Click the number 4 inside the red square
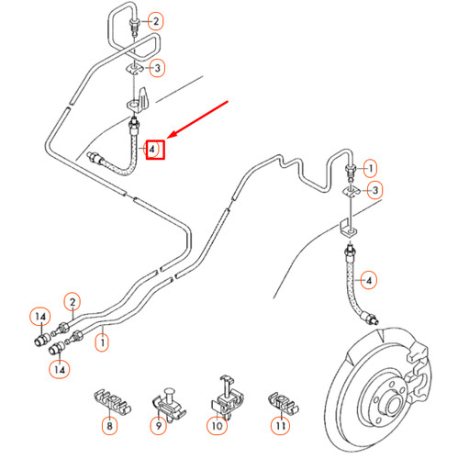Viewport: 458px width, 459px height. [x=151, y=150]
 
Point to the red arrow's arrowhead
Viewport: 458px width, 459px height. [x=172, y=134]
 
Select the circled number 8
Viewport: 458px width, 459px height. [x=109, y=426]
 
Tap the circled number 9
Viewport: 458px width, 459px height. [x=159, y=425]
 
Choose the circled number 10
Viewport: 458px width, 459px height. [x=218, y=426]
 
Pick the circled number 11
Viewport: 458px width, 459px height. [x=281, y=425]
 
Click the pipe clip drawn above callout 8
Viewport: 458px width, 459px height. [x=112, y=402]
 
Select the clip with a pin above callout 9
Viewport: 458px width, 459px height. [x=168, y=405]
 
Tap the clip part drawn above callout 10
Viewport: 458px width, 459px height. [x=228, y=397]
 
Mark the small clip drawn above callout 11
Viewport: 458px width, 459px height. [x=283, y=402]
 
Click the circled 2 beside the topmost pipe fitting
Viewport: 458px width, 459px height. [x=156, y=21]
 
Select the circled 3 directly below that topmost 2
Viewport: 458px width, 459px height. [x=157, y=68]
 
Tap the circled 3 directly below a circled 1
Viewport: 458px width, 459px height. [x=375, y=191]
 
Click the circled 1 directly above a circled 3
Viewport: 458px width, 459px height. [x=371, y=168]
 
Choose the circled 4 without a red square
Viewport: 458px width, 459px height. [x=369, y=280]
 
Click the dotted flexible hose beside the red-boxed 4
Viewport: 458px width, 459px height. [x=131, y=162]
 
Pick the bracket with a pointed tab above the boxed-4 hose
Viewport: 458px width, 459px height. [x=140, y=101]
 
